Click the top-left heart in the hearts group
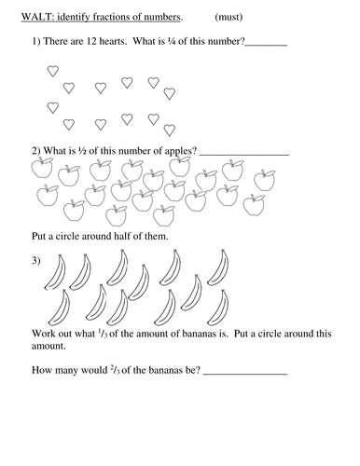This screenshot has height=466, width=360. click(x=53, y=71)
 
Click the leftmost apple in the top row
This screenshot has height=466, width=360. click(x=40, y=169)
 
